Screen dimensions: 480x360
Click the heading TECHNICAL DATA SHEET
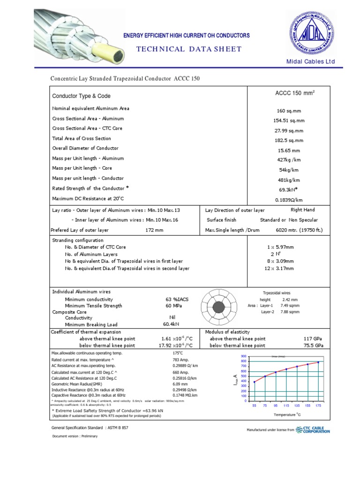pos(189,49)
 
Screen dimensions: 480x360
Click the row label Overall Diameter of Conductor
pos(85,148)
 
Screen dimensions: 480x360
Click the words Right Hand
pos(303,210)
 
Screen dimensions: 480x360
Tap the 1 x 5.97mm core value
pos(280,247)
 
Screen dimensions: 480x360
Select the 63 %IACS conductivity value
pos(176,299)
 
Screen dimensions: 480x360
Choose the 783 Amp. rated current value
pos(181,360)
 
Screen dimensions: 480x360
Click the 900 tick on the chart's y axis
pos(243,357)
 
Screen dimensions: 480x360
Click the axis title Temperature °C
pos(287,415)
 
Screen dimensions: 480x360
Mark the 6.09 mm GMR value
pos(180,384)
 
